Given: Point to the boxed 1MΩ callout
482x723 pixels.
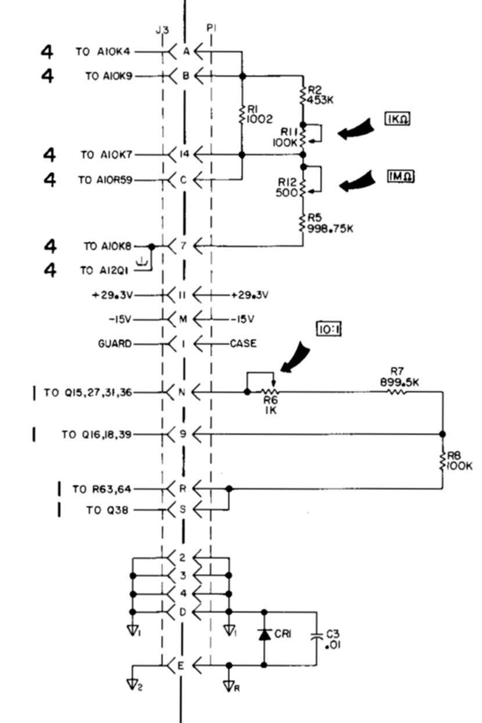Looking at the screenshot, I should coord(401,175).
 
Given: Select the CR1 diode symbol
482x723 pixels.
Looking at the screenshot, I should coord(265,634).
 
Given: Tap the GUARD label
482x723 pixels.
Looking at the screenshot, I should coord(114,343).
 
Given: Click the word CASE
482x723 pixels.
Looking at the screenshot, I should coord(243,343).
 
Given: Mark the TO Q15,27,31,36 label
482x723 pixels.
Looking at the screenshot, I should coord(88,393).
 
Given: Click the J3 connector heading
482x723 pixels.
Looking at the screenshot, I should coord(163,29).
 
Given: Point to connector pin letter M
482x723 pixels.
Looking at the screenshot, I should coord(181,320).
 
